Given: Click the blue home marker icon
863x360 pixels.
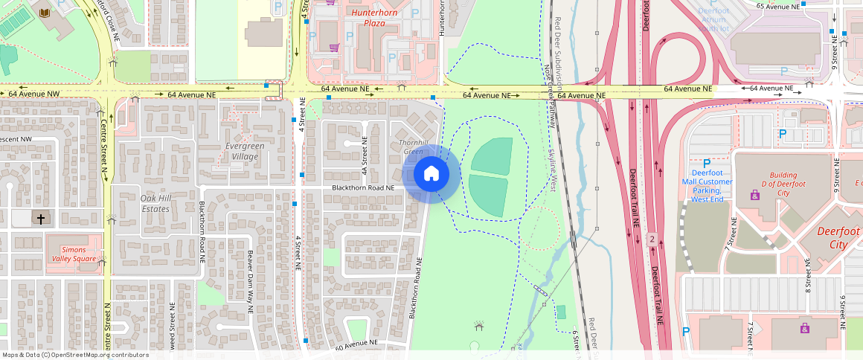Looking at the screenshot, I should (431, 174).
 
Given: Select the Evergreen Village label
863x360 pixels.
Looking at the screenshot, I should (244, 151).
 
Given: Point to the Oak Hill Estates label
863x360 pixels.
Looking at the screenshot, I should (155, 203).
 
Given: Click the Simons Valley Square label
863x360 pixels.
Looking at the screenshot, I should (74, 254).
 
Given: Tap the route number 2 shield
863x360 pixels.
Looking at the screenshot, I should (652, 239).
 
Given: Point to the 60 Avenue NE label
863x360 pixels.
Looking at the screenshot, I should (356, 344).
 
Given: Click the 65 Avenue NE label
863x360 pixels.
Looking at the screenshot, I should (777, 6).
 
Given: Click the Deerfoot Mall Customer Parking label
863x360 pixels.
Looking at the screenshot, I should (706, 185).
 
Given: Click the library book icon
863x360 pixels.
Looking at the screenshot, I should (44, 13).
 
